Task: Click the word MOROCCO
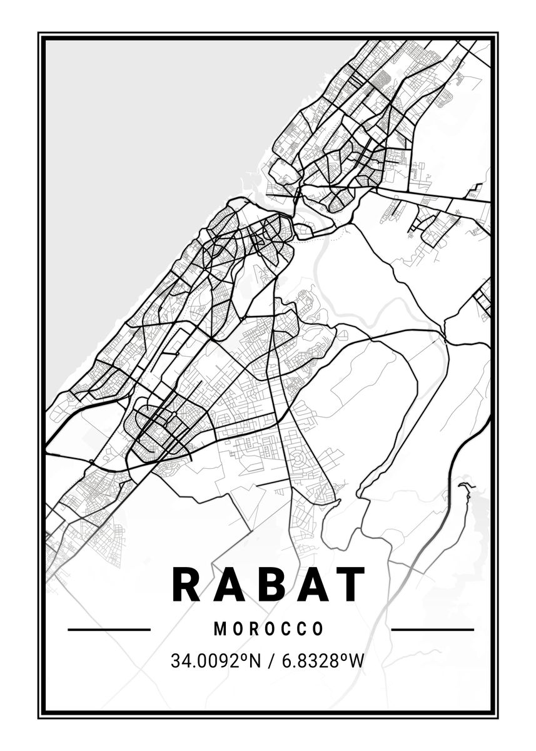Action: tap(269, 629)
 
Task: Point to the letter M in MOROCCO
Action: tap(220, 629)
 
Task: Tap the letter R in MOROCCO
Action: tap(253, 629)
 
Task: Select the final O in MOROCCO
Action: tap(318, 629)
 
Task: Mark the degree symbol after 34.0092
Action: tap(244, 656)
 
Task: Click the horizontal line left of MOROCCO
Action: tap(109, 630)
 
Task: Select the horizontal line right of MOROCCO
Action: tap(432, 630)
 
